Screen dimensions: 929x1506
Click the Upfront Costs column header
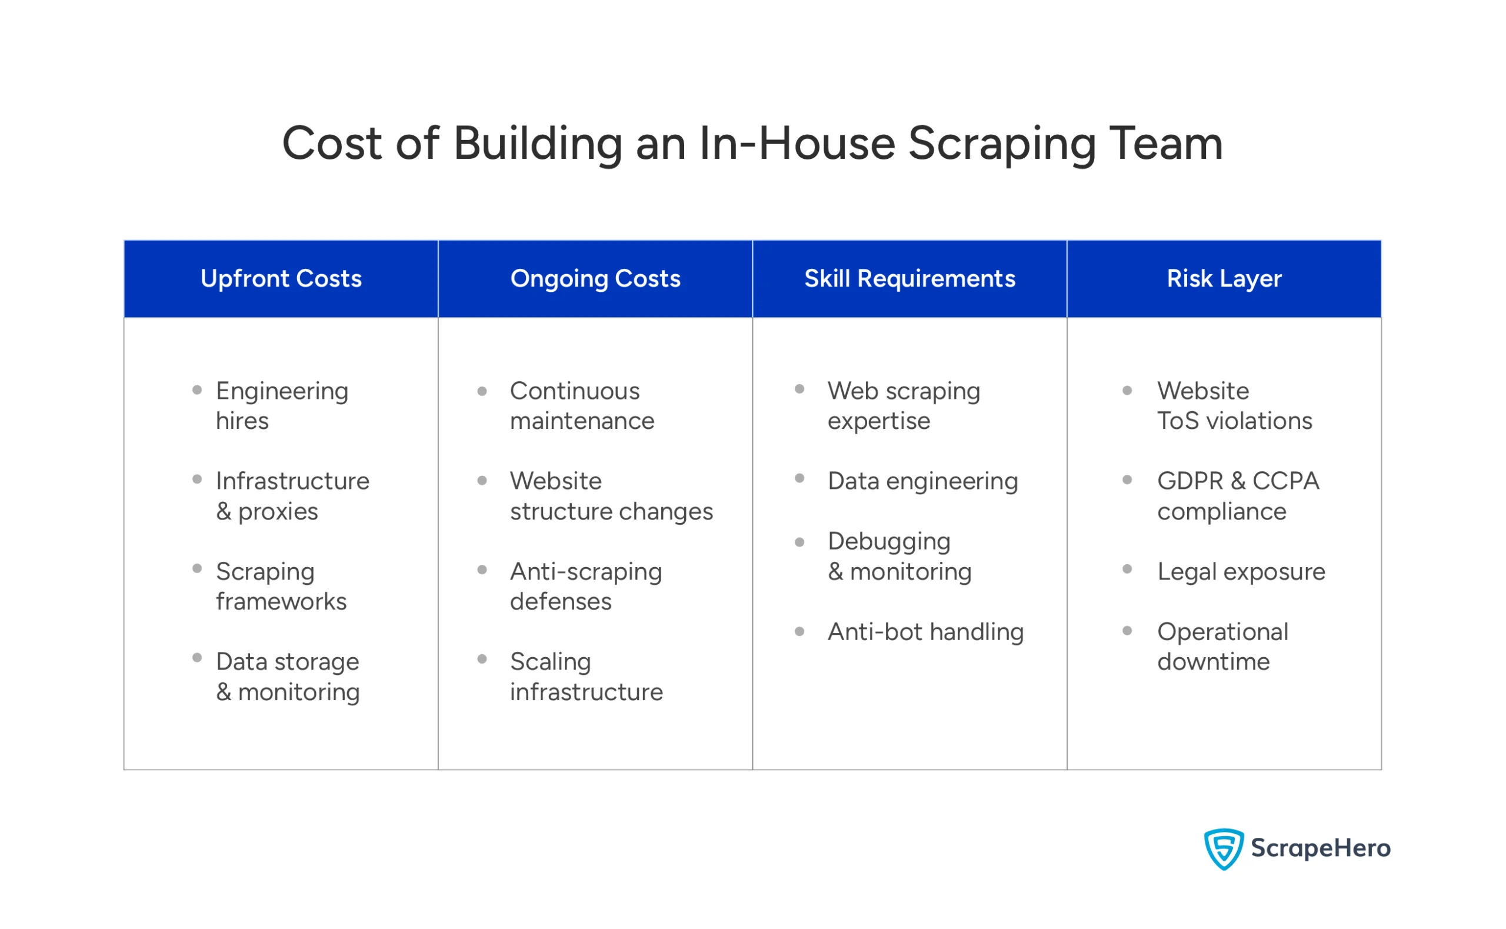pos(281,279)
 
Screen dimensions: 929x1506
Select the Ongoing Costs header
pos(595,279)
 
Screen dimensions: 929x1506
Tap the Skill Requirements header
pos(909,279)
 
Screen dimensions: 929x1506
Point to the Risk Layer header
pos(1224,279)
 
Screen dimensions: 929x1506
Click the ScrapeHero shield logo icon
pos(1224,848)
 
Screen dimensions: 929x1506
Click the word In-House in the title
pos(797,144)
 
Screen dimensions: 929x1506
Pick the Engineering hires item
pos(282,405)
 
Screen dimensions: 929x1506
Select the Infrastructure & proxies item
pos(292,496)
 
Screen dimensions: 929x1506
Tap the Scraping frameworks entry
pos(281,586)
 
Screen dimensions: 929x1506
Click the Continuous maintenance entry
pos(582,405)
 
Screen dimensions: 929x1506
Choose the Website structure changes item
pos(611,496)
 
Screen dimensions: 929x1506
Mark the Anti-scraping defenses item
pos(585,586)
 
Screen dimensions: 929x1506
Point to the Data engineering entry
pos(922,481)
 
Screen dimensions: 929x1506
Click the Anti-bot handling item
pos(925,632)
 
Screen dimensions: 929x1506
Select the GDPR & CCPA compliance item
pos(1238,496)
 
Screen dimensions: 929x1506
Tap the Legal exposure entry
pos(1241,571)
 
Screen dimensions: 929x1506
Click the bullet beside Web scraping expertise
pos(799,389)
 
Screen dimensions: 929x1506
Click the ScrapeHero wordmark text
pos(1321,848)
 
